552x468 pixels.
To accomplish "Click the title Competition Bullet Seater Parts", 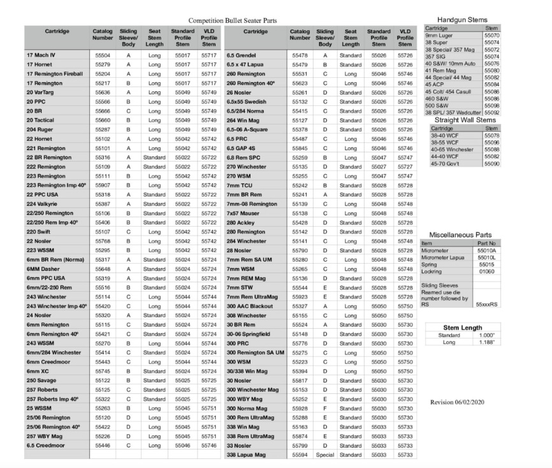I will pyautogui.click(x=233, y=20).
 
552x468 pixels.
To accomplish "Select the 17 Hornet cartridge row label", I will pyautogui.click(x=40, y=65).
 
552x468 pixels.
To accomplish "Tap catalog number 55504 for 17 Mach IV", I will pyautogui.click(x=102, y=56).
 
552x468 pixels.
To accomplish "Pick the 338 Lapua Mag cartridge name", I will pyautogui.click(x=247, y=455).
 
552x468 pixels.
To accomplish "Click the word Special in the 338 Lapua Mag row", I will pyautogui.click(x=325, y=455).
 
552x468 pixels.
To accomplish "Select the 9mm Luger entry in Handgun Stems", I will pyautogui.click(x=439, y=36).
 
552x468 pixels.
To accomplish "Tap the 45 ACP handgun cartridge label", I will pyautogui.click(x=436, y=84).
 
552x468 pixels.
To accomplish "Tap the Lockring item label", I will pyautogui.click(x=432, y=271).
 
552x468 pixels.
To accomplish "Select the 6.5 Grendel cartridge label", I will pyautogui.click(x=242, y=56).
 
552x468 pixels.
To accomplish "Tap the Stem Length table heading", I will pyautogui.click(x=462, y=327).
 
